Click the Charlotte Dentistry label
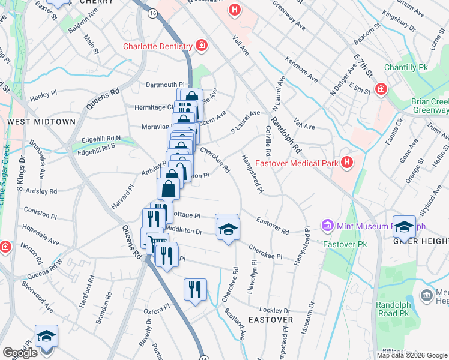(157, 46)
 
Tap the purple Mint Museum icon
(327, 226)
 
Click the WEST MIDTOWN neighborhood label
(41, 122)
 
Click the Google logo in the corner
(20, 353)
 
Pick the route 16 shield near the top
(154, 12)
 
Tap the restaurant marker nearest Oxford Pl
(194, 290)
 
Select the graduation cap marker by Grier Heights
(404, 226)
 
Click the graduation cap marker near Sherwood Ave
(46, 336)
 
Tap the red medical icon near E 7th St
(380, 89)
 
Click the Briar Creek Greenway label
(429, 106)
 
